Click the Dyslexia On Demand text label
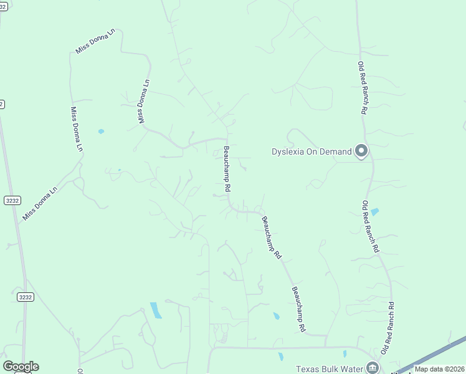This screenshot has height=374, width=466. click(311, 151)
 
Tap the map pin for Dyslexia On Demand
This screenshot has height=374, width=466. click(361, 150)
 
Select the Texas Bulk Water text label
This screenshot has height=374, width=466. click(328, 368)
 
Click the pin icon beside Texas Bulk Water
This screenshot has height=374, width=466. click(373, 368)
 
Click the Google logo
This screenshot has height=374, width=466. click(21, 367)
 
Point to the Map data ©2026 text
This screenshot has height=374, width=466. click(439, 369)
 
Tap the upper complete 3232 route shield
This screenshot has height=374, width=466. click(12, 200)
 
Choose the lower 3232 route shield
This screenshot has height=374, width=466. click(25, 297)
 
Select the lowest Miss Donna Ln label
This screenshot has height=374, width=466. click(40, 203)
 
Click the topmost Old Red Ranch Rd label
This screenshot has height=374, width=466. click(363, 87)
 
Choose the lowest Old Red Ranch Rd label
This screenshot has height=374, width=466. click(389, 329)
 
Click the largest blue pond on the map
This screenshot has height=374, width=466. click(156, 310)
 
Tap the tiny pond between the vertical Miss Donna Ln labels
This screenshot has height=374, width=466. click(101, 132)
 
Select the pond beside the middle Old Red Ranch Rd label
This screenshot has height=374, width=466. click(374, 212)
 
